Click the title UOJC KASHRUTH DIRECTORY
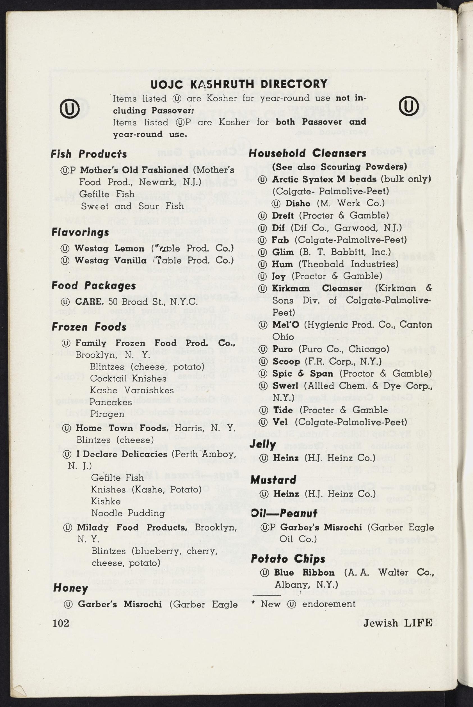239,84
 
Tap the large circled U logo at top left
70,108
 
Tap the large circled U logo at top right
409,106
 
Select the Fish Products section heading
89,154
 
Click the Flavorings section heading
80,232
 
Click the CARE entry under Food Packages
88,302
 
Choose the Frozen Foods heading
89,327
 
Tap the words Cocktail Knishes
128,378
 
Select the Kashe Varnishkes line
132,390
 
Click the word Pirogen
107,414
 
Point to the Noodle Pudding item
128,513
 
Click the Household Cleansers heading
307,153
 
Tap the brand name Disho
298,203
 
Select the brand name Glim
283,252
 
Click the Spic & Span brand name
303,373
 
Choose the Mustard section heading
273,480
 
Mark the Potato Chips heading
288,559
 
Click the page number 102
61,623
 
